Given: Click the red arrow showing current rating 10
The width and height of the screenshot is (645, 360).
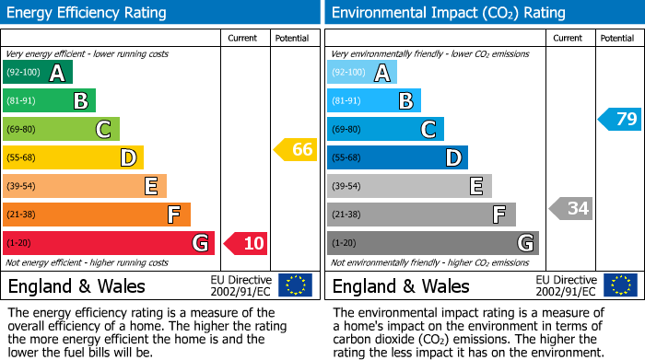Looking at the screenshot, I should (245, 243).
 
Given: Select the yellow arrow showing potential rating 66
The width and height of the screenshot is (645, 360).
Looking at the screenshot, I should (295, 149).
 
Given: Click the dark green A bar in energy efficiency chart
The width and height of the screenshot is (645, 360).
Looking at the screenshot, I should (37, 73).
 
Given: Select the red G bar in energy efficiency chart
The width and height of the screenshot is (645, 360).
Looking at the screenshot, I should (109, 243).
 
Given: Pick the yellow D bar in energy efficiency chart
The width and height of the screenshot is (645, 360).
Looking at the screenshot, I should (73, 157).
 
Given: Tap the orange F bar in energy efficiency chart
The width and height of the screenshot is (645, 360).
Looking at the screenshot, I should (97, 215).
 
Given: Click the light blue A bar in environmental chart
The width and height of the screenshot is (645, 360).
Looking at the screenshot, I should (361, 73).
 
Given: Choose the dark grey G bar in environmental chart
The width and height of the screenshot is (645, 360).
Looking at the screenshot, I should (432, 243).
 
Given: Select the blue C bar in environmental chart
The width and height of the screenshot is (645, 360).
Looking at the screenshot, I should (385, 129).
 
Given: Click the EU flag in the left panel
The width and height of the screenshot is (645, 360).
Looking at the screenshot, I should (295, 285).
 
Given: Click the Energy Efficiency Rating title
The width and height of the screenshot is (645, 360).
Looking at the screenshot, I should (88, 13).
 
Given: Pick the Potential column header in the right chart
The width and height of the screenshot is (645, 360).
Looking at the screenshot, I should (616, 38).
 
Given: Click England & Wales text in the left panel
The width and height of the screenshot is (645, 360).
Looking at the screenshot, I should (76, 285).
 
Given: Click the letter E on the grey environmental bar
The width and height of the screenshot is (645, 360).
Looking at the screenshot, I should (475, 186).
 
